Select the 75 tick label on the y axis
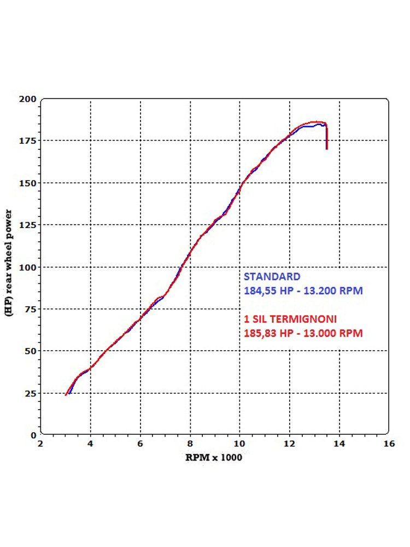[31, 309]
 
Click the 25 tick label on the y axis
[31, 393]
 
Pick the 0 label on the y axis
[33, 435]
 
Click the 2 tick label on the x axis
[40, 444]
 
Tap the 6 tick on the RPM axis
[140, 444]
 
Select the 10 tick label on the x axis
[239, 444]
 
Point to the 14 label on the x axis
[339, 444]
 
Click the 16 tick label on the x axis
[389, 444]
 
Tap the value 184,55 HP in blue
[267, 291]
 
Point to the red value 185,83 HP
[267, 333]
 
